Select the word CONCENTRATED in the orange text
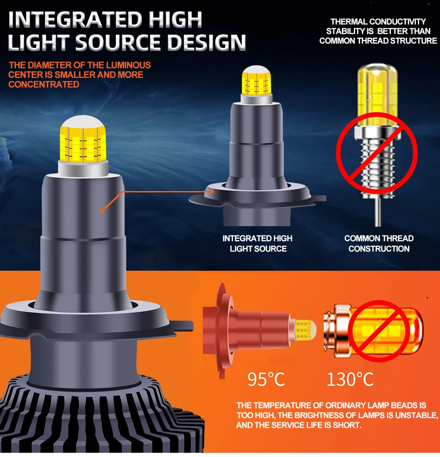click(x=44, y=85)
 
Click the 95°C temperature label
click(x=266, y=379)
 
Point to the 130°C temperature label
click(x=350, y=379)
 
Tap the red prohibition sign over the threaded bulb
click(x=377, y=153)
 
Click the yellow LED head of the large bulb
click(x=83, y=139)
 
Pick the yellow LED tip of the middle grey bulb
click(x=256, y=80)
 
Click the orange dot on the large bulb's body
click(x=101, y=211)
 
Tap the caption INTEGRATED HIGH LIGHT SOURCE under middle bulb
click(x=258, y=243)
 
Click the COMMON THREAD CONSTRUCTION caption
click(x=379, y=243)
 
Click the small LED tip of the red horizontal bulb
click(x=304, y=331)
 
